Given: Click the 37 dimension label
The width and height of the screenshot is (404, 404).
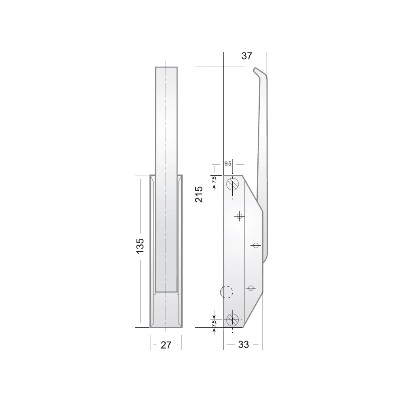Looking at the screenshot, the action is click(x=246, y=56).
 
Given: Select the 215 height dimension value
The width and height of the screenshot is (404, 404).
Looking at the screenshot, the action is click(x=199, y=194).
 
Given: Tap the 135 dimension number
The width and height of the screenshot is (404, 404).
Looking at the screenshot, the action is click(x=140, y=246).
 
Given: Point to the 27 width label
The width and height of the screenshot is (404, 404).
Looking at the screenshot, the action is click(x=166, y=345).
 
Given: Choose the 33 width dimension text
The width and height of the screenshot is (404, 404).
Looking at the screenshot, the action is click(x=244, y=345).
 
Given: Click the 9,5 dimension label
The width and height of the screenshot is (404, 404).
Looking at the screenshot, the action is click(x=228, y=164).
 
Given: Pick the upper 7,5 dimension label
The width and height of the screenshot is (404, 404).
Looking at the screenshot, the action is click(x=214, y=180).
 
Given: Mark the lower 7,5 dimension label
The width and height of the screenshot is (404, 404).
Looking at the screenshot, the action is click(x=214, y=324).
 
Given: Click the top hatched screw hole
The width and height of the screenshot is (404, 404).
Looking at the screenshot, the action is click(x=232, y=184).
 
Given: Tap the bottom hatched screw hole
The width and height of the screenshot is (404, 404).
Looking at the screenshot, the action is click(x=232, y=320).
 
